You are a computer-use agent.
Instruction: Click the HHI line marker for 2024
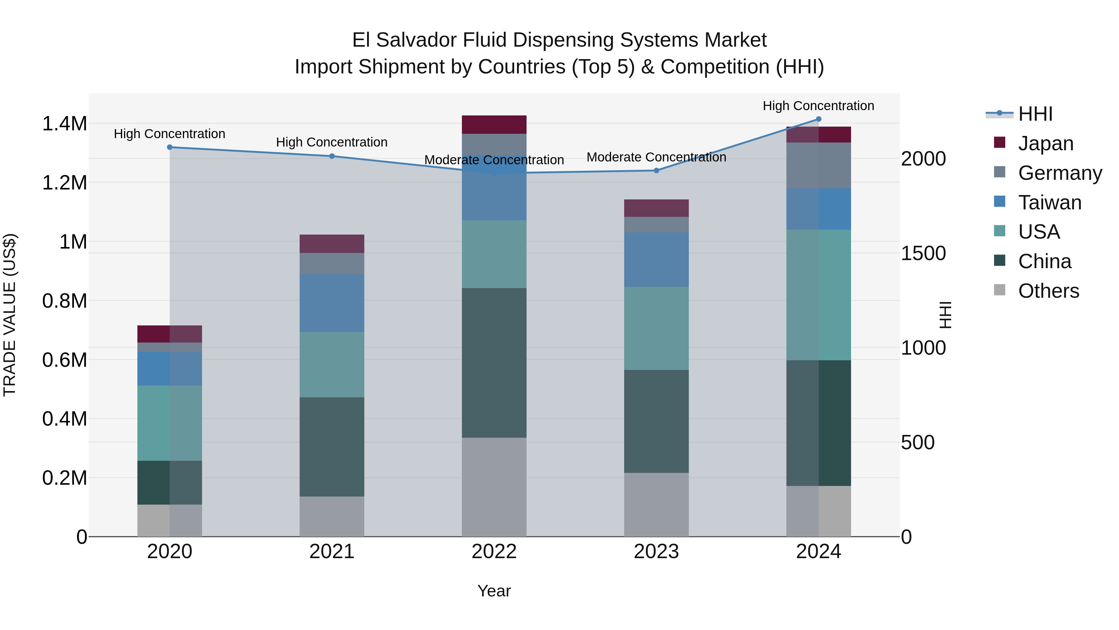pos(818,119)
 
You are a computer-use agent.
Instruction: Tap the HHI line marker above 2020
pos(170,147)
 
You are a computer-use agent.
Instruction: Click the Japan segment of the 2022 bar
pos(494,125)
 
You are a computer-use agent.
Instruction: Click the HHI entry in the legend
pos(1035,114)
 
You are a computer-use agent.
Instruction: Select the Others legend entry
pos(1048,291)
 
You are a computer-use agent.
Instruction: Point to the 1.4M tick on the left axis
pos(64,124)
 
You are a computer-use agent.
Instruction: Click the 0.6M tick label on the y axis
pos(64,360)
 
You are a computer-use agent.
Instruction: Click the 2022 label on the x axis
pos(494,552)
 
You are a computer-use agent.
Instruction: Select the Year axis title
pos(494,591)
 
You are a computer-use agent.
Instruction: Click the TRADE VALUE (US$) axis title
pos(10,315)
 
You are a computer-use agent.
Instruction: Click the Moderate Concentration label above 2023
pos(656,157)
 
